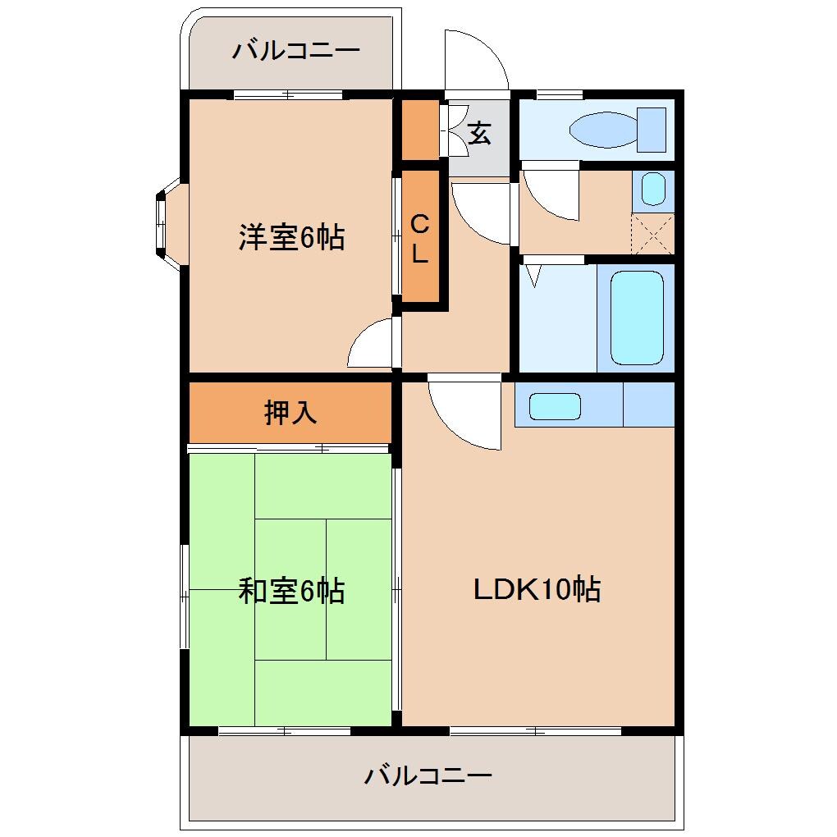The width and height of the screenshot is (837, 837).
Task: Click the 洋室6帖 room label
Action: pos(291,238)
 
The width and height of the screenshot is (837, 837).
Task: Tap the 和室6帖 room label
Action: pos(291,591)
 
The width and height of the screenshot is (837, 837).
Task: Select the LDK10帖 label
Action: pos(537,589)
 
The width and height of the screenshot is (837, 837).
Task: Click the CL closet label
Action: pos(419,238)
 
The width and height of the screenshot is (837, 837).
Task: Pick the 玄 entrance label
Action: pos(479,133)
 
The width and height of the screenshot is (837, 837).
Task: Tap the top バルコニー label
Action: pos(295,52)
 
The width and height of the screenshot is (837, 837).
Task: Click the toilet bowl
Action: pos(602,130)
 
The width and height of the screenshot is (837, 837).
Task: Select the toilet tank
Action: pos(652,130)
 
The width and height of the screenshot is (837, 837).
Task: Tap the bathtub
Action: pos(637,318)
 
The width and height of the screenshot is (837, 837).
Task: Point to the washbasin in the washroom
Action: pos(653,190)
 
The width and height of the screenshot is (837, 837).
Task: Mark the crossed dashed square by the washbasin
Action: pos(653,233)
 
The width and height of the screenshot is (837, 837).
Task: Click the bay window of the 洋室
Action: pos(164,222)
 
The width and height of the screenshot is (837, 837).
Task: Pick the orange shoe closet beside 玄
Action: pos(419,130)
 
